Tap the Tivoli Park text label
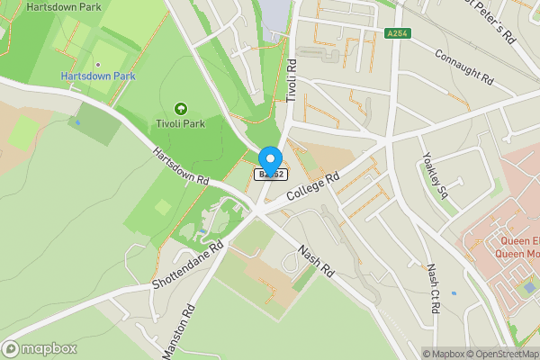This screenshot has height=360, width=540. pyautogui.click(x=178, y=124)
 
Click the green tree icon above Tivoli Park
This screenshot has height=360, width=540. pyautogui.click(x=178, y=108)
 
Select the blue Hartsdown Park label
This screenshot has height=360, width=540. pyautogui.click(x=98, y=76)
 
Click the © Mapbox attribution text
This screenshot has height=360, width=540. pyautogui.click(x=445, y=354)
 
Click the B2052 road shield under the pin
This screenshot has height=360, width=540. pyautogui.click(x=271, y=175)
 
